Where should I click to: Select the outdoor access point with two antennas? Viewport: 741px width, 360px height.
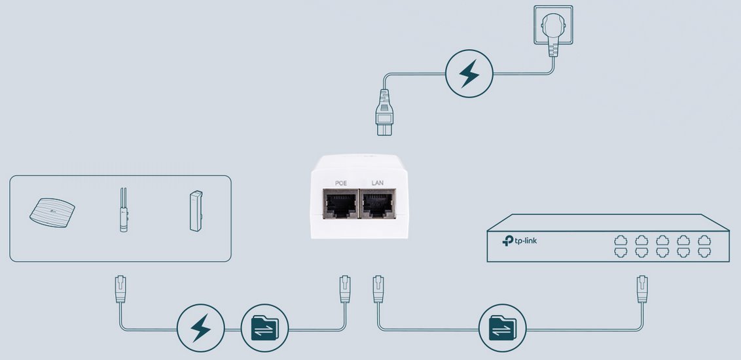pyautogui.click(x=122, y=210)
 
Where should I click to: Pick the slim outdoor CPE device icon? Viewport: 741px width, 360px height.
pyautogui.click(x=194, y=211)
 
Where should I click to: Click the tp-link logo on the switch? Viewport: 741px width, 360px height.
pyautogui.click(x=520, y=240)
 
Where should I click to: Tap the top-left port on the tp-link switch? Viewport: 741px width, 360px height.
pyautogui.click(x=621, y=240)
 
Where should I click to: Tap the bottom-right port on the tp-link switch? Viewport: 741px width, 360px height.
pyautogui.click(x=704, y=252)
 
